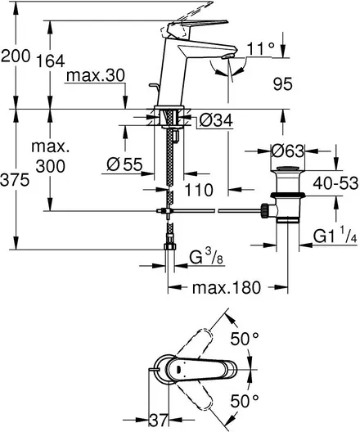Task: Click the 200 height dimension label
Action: click(x=16, y=56)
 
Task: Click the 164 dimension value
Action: click(x=51, y=61)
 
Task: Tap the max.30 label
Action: click(x=96, y=75)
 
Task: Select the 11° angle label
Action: click(x=260, y=49)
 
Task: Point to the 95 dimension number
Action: click(x=282, y=83)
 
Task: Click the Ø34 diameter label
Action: click(x=216, y=120)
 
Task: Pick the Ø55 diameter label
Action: click(x=125, y=164)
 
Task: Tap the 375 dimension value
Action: click(x=15, y=181)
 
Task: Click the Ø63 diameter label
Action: click(x=288, y=151)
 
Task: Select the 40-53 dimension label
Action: click(x=335, y=183)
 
